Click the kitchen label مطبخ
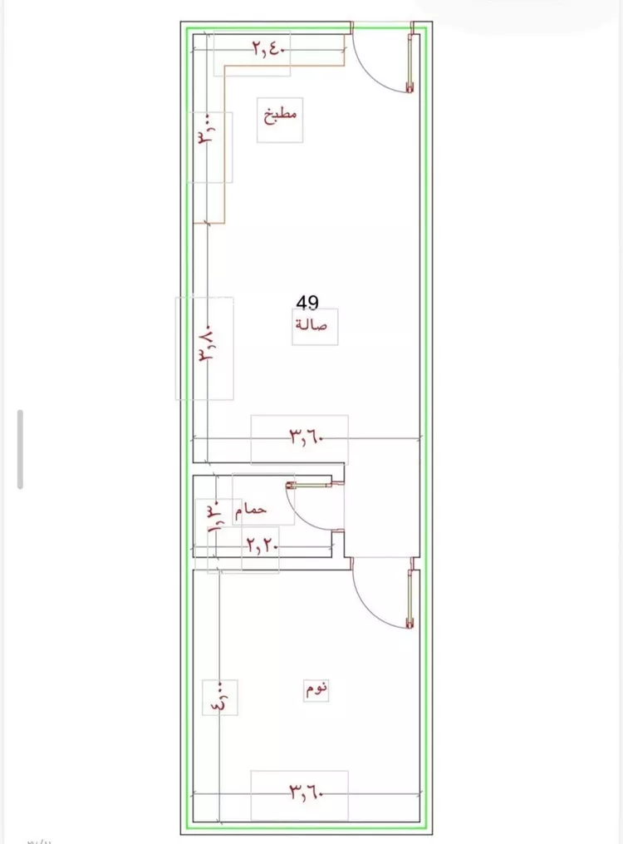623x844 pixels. point(280,116)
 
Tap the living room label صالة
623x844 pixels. point(311,324)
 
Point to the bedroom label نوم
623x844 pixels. point(317,689)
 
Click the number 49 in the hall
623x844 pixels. point(307,303)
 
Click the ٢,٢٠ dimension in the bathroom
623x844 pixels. point(262,546)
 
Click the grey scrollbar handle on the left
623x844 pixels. point(21,450)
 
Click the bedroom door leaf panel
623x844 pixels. point(411,599)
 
